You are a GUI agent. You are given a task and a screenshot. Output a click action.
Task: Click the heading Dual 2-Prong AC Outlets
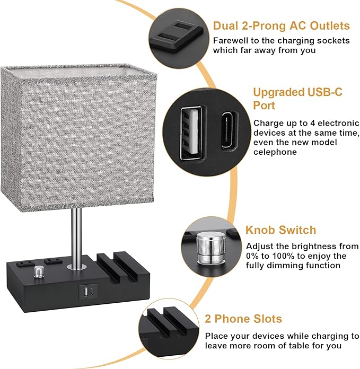281,26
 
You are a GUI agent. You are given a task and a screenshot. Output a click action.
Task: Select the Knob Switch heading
280,230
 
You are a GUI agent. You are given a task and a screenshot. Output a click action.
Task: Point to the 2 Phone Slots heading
243,319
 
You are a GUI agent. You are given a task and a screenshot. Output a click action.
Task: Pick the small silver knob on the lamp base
38,271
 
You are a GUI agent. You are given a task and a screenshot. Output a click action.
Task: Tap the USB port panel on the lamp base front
87,291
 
